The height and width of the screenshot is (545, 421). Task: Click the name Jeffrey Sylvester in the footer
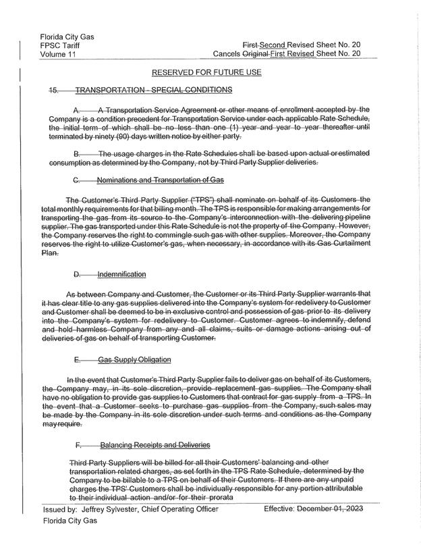pos(113,513)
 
